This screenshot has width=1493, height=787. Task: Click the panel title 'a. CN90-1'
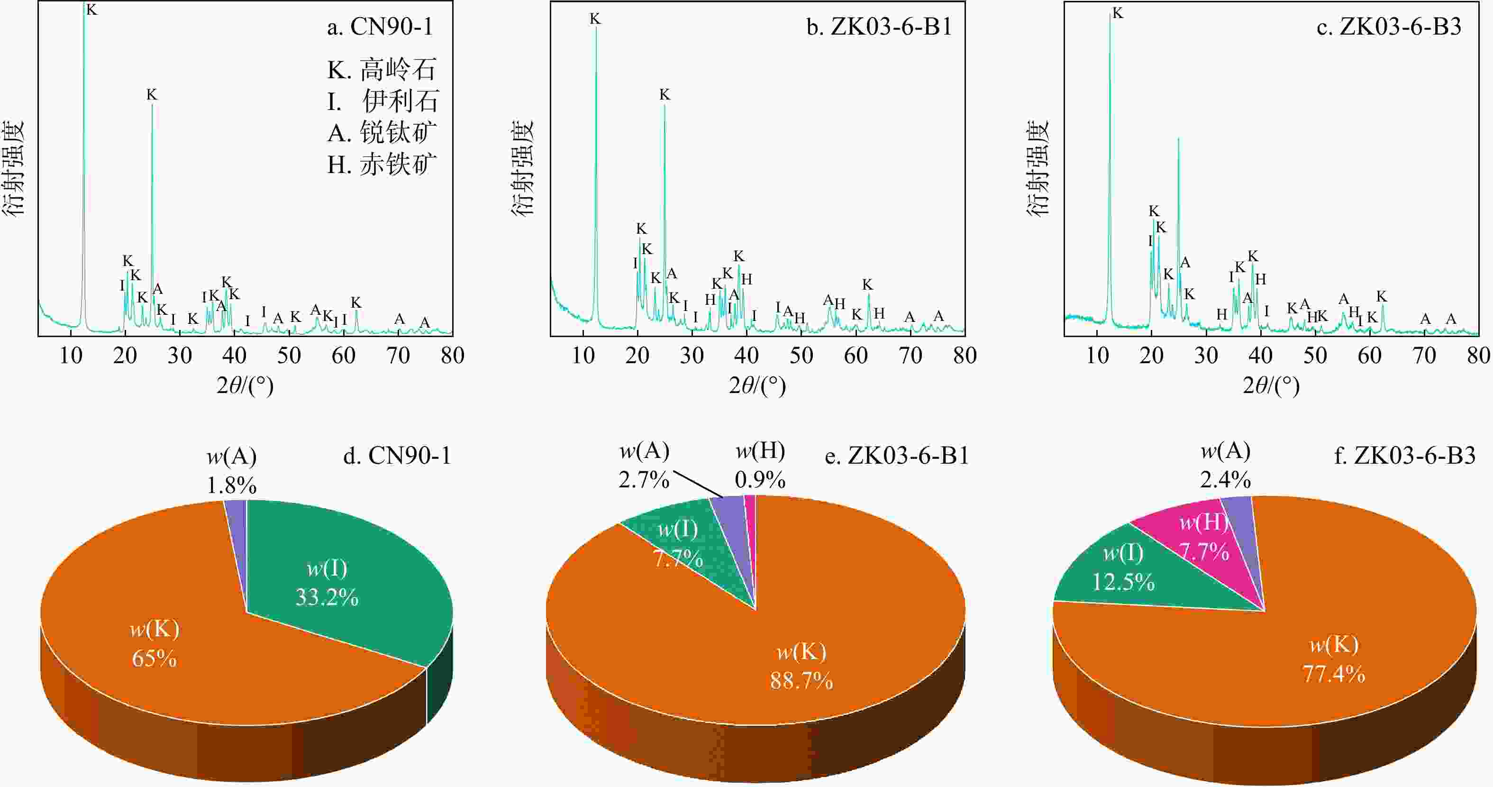(x=380, y=27)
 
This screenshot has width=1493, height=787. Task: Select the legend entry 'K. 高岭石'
(x=382, y=70)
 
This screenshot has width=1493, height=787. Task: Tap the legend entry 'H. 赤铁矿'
(x=382, y=165)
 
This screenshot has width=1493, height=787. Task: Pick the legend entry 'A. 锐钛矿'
(x=382, y=133)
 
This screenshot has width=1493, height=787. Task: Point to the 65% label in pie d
(x=154, y=659)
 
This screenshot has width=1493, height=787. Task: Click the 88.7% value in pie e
(x=801, y=680)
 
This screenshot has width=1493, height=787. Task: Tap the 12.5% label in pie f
(x=1123, y=581)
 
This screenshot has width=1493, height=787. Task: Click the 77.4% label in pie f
(x=1334, y=673)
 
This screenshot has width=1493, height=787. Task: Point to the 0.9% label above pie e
(x=760, y=480)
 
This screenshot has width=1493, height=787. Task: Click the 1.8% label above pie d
(x=231, y=485)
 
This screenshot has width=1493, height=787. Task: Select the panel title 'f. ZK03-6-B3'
(x=1404, y=456)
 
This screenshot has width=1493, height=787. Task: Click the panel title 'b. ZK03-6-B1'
(x=879, y=27)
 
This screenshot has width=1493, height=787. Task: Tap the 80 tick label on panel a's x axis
(x=452, y=355)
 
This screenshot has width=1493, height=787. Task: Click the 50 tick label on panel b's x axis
(x=801, y=355)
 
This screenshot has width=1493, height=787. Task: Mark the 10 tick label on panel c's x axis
(x=1097, y=355)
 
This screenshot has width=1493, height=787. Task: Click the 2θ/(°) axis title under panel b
(x=757, y=385)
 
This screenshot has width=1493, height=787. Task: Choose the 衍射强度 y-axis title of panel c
(x=1038, y=168)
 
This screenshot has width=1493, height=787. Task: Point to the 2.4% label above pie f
(x=1225, y=480)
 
